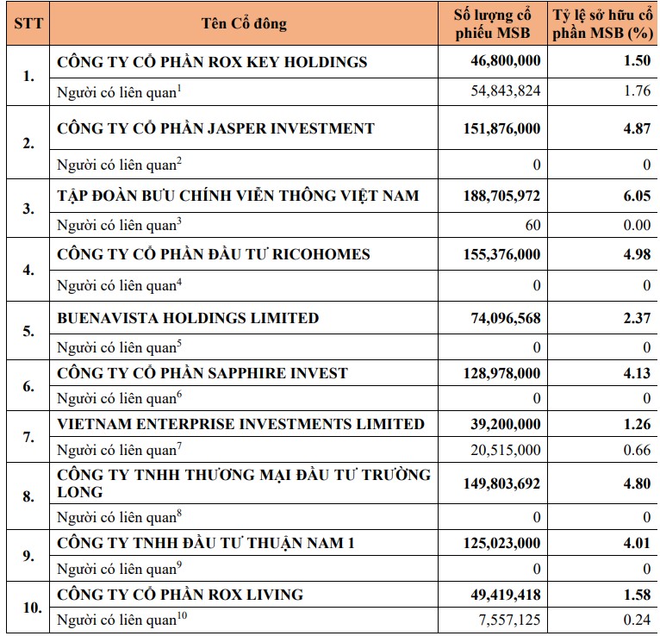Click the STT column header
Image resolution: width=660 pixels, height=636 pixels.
[x=28, y=23]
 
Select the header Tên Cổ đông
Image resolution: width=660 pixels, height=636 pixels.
[x=244, y=23]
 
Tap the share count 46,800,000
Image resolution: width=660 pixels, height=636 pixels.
[x=506, y=60]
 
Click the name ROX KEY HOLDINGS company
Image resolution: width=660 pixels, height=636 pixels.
[x=212, y=62]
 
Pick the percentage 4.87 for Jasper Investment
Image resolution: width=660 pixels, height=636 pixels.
[x=638, y=128]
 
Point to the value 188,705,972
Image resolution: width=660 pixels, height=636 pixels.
[x=501, y=196]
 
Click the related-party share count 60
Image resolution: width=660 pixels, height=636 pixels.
[x=532, y=225]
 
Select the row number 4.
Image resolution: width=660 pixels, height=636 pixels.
[x=28, y=270]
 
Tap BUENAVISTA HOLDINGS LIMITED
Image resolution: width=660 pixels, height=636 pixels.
[x=188, y=318]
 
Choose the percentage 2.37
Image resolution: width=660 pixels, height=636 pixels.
[x=638, y=318]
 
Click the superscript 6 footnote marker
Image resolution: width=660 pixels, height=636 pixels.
[x=179, y=394]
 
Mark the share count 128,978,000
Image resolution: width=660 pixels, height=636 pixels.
[x=501, y=373]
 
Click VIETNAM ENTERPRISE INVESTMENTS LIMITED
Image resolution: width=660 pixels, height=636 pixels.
[x=240, y=424]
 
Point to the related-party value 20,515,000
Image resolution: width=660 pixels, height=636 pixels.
[x=506, y=450]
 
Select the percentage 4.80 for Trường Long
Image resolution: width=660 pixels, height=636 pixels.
[x=638, y=483]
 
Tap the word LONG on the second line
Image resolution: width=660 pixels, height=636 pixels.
[x=80, y=492]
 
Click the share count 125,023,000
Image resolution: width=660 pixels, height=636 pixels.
[x=501, y=543]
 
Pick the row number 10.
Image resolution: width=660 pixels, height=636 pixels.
[x=32, y=608]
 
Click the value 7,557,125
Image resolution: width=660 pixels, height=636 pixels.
[x=510, y=620]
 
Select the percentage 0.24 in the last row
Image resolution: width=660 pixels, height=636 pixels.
[x=638, y=620]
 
